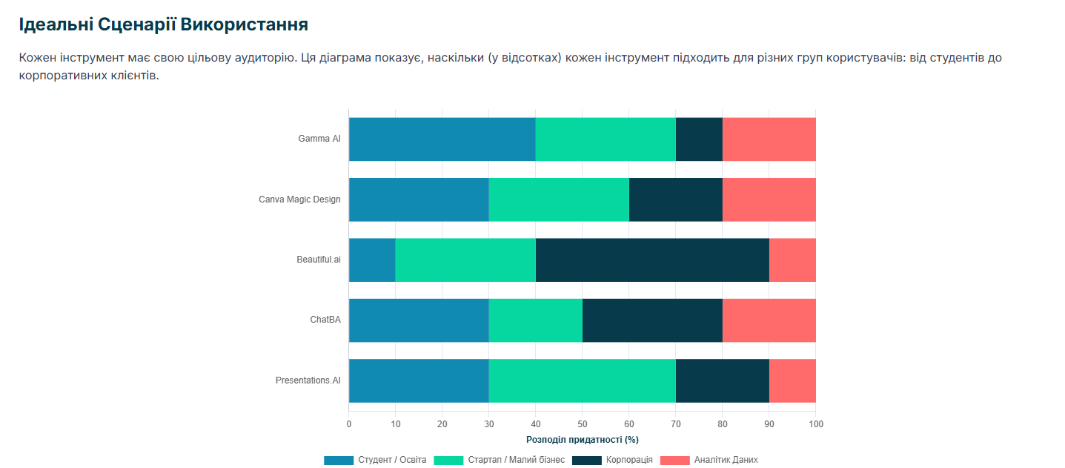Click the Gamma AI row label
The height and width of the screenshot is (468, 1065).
pos(319,139)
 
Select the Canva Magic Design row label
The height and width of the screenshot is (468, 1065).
pos(299,200)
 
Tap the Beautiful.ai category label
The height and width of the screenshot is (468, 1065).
pos(319,260)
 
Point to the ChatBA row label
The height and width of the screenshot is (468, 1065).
pos(325,320)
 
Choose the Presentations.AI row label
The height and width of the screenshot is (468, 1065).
pos(308,380)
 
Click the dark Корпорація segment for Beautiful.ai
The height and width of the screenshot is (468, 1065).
pos(652,260)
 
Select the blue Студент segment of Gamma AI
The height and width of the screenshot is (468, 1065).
pos(442,139)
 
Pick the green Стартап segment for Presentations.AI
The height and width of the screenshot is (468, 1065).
pos(582,380)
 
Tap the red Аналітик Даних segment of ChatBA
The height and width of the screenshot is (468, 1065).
pos(769,320)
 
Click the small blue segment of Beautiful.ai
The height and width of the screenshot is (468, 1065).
pos(372,260)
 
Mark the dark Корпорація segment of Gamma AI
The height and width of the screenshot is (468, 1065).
pos(699,139)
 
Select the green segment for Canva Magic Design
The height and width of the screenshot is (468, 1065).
pos(559,200)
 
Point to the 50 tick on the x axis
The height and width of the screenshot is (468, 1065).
pos(582,424)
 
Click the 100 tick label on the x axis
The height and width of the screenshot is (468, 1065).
pos(815,424)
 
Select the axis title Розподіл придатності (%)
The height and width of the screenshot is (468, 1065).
pos(582,440)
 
